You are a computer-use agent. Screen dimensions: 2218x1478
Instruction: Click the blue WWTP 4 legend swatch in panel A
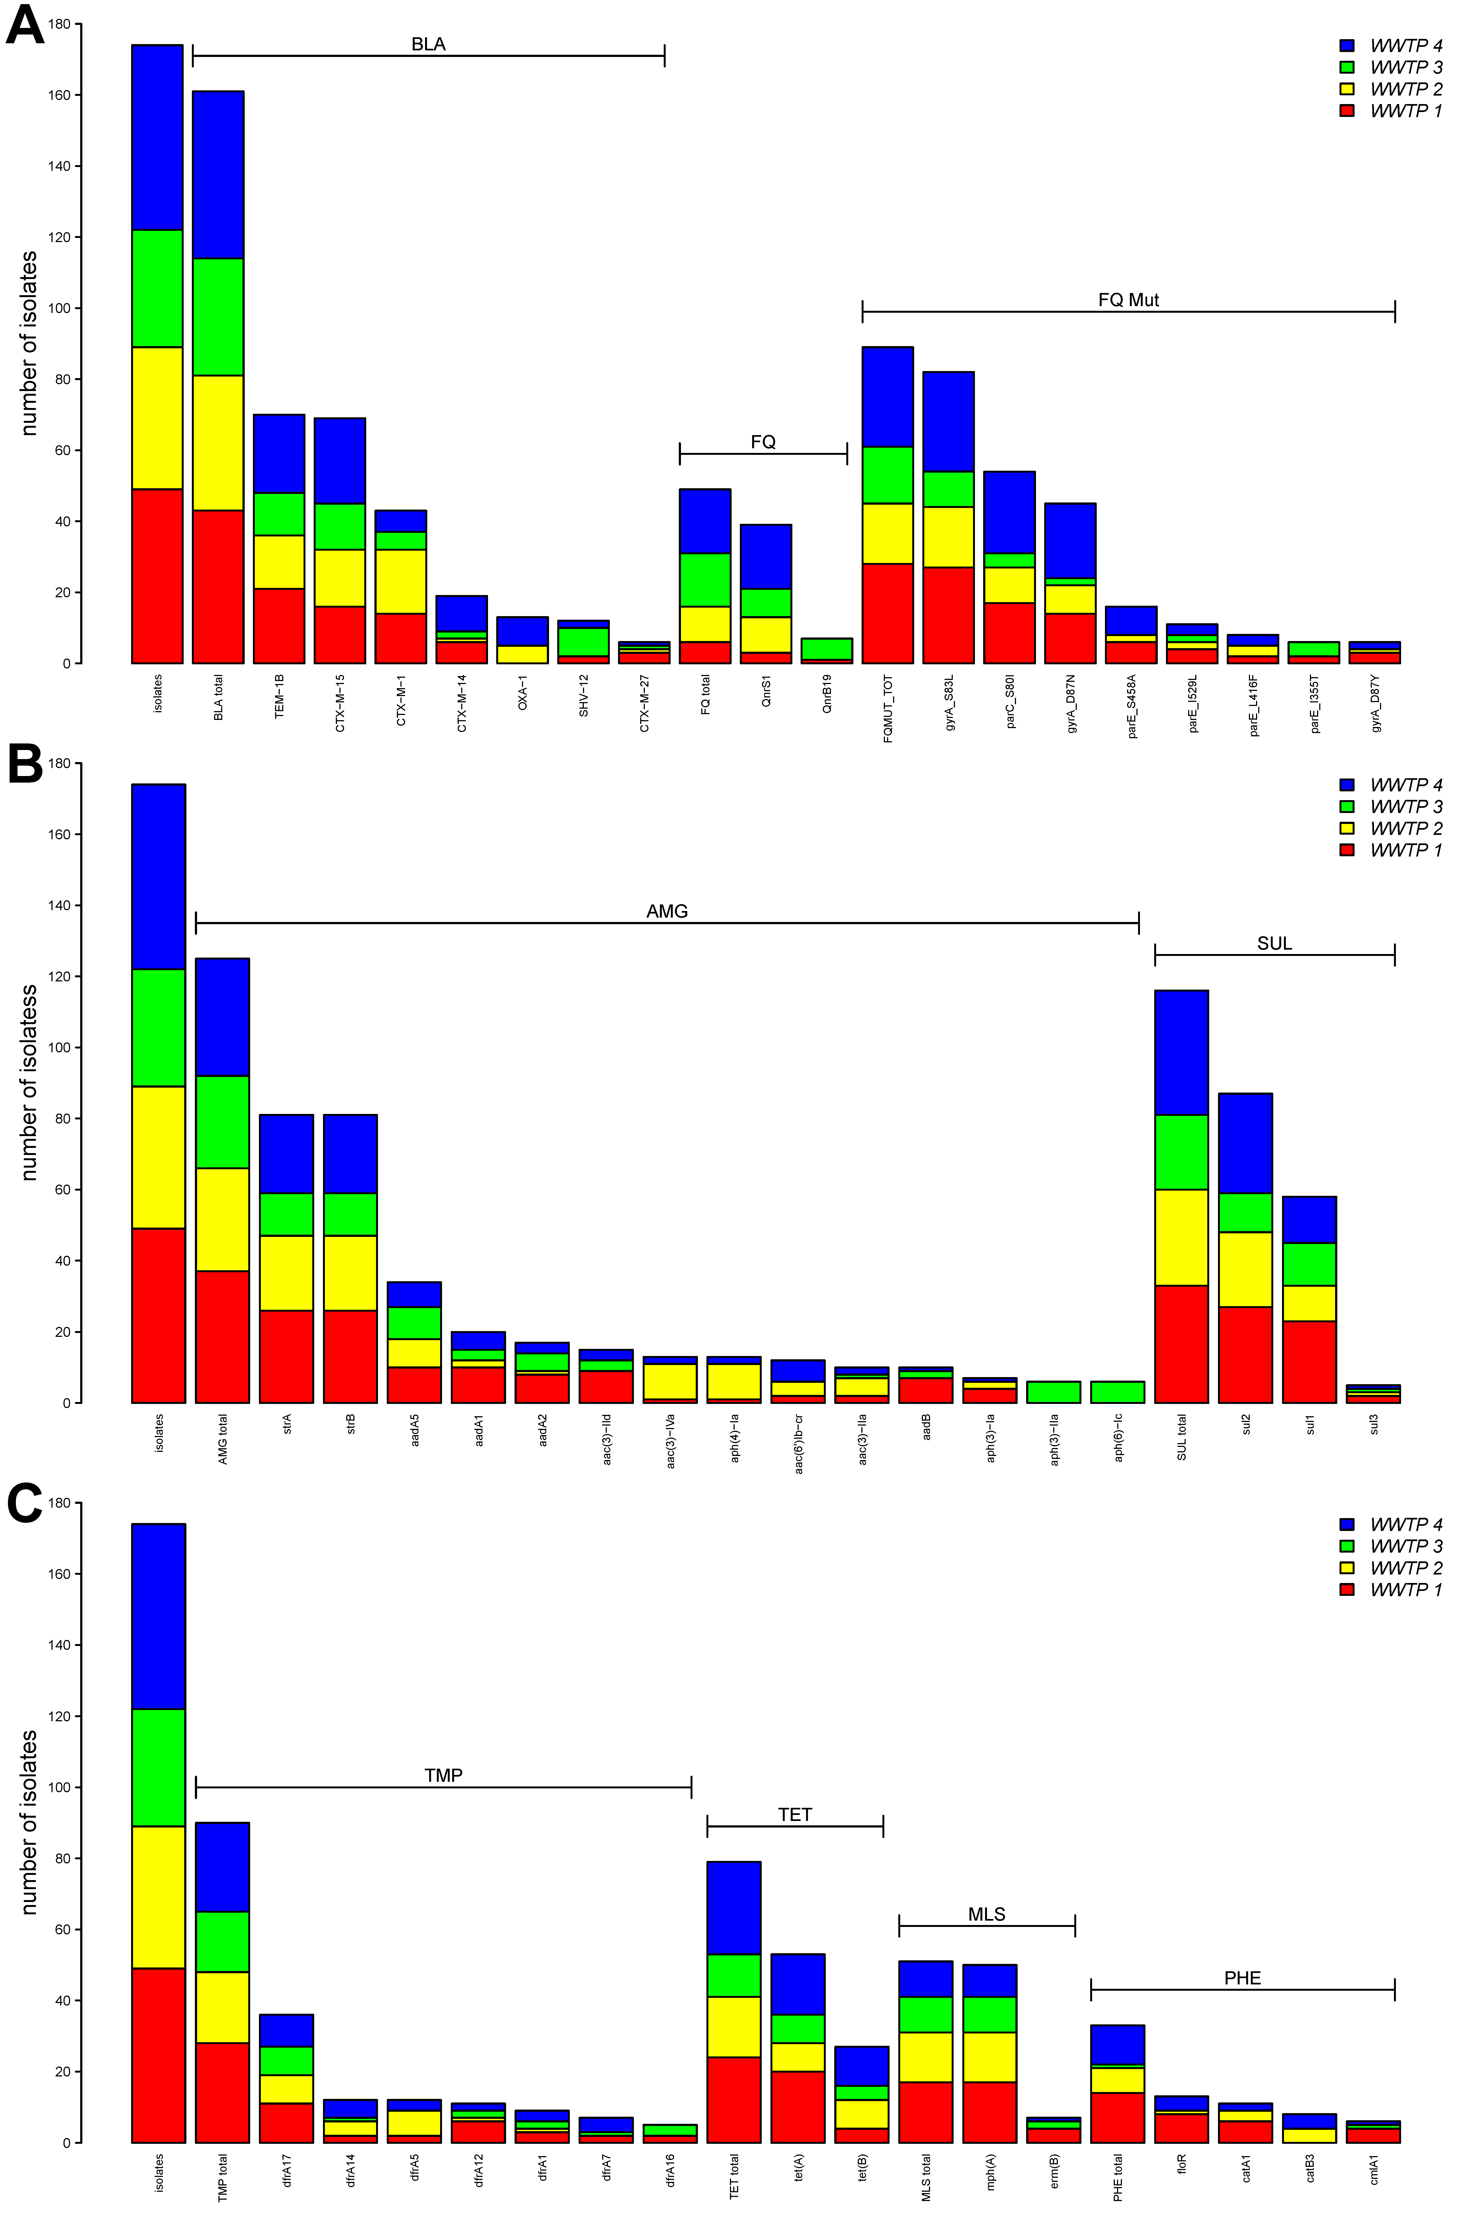[x=1347, y=45]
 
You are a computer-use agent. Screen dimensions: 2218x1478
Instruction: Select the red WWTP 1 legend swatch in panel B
[x=1347, y=850]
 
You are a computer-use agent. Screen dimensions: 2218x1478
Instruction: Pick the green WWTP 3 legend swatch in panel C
[x=1347, y=1546]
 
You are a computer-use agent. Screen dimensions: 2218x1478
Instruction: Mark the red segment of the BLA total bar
[x=218, y=587]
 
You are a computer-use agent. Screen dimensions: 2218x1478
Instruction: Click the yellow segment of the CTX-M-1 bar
[x=401, y=581]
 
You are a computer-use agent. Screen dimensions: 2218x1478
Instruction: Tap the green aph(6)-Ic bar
[x=1118, y=1392]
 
